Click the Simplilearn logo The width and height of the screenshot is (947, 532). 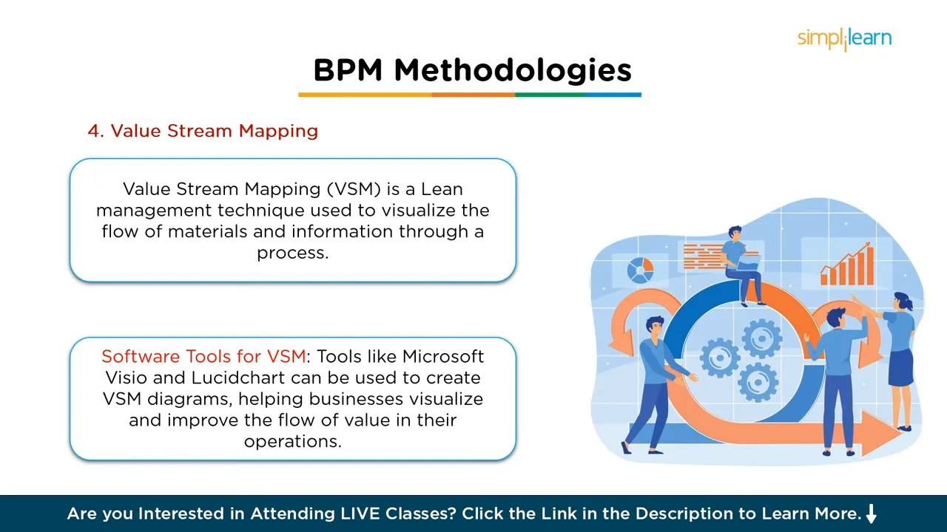pyautogui.click(x=844, y=38)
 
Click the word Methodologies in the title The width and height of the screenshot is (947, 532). pyautogui.click(x=513, y=71)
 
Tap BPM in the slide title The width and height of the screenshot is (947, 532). pyautogui.click(x=348, y=71)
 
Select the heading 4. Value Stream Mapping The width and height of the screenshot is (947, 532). pyautogui.click(x=203, y=132)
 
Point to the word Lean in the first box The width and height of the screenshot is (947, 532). pyautogui.click(x=442, y=189)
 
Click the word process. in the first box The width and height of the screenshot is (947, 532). pyautogui.click(x=292, y=253)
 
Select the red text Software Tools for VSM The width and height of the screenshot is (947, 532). pyautogui.click(x=203, y=357)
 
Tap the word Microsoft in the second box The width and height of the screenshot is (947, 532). pyautogui.click(x=442, y=357)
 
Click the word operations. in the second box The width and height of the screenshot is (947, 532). pyautogui.click(x=292, y=441)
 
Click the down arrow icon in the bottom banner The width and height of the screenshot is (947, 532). pyautogui.click(x=871, y=514)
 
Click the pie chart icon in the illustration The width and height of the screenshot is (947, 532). pyautogui.click(x=640, y=270)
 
